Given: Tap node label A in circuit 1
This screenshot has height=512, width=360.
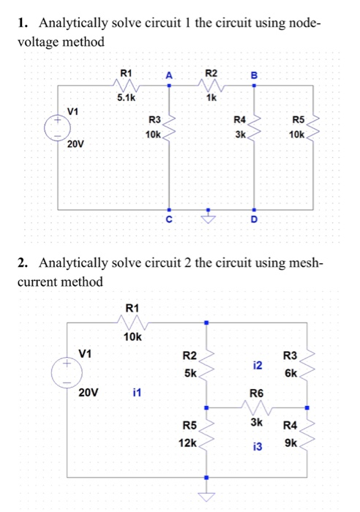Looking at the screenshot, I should coord(170,74).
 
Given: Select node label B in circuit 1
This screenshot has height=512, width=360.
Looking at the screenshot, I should coord(254,74).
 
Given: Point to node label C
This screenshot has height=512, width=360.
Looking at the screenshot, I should coord(170,219).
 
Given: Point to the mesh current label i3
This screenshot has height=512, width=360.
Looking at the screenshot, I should coord(257,445).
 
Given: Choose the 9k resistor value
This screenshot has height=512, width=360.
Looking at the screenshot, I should coord(290,443).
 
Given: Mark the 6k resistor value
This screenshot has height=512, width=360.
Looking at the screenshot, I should coord(291,372).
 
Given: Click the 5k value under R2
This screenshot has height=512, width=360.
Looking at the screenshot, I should coord(190,372).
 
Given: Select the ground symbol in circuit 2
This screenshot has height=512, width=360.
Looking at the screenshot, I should coord(207,497).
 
